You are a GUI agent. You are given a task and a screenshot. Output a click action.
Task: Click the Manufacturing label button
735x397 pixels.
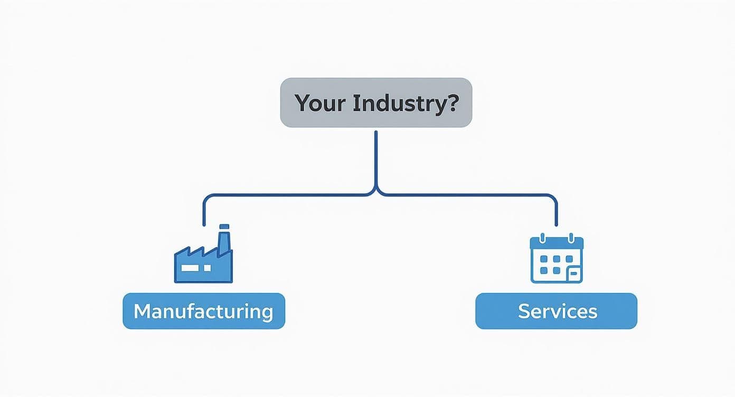204,311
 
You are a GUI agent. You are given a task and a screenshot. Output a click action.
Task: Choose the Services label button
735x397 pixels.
557,311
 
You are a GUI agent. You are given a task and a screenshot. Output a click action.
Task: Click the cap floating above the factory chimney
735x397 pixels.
224,226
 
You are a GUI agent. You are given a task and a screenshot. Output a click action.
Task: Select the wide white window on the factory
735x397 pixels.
191,268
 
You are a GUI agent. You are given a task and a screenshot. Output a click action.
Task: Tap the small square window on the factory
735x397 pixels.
208,268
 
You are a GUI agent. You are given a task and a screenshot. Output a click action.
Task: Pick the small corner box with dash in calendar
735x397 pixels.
573,273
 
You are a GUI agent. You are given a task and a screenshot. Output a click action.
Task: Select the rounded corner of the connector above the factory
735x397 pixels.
206,198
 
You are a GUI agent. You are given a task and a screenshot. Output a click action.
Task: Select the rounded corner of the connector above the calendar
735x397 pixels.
553,198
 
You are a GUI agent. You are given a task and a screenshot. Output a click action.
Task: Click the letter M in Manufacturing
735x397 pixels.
142,311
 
